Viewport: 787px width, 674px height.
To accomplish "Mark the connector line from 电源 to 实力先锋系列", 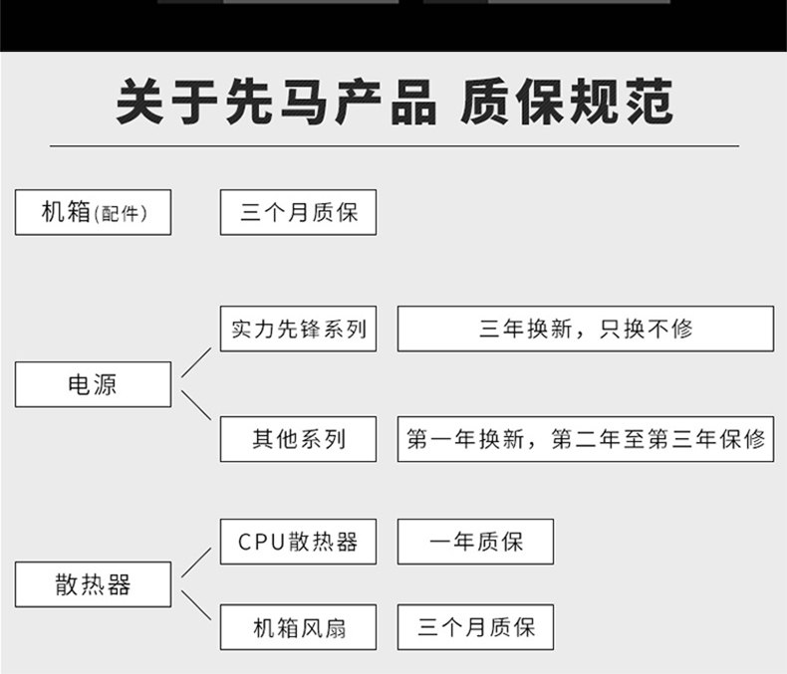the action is point(196,362).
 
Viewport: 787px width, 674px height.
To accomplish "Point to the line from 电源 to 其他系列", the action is point(196,405).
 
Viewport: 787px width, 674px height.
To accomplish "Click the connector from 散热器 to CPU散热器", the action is point(196,562).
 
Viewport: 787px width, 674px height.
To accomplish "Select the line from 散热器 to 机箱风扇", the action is point(196,605).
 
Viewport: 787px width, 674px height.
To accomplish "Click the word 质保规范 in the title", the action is point(567,102).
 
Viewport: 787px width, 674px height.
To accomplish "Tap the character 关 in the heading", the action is point(140,102).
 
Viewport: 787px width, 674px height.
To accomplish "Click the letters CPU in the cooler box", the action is point(261,543).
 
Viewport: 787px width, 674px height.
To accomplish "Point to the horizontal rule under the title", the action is point(394,146).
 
